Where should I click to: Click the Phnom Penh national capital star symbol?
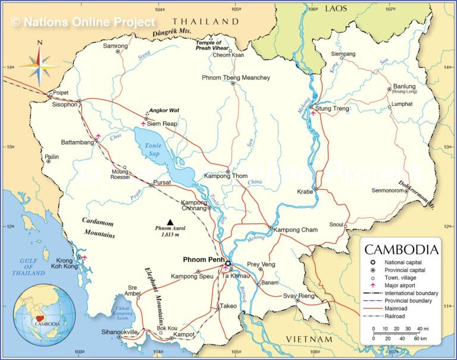[x=227, y=262]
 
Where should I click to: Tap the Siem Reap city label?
[x=162, y=124]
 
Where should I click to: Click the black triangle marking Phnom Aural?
[x=170, y=222]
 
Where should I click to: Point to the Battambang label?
[x=77, y=143]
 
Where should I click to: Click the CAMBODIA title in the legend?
[x=402, y=249]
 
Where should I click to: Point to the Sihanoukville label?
[x=119, y=331]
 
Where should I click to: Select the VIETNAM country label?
[x=309, y=339]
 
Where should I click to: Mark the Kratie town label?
[x=305, y=192]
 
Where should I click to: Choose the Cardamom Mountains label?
[x=98, y=227]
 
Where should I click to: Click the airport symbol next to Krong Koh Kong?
[x=84, y=258]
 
